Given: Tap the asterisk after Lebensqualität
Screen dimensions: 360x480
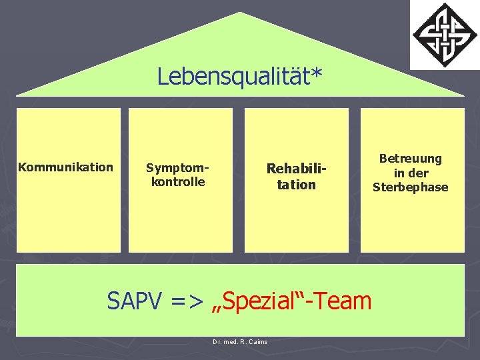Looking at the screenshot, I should tap(317, 72).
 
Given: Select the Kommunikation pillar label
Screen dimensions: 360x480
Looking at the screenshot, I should tap(65, 167).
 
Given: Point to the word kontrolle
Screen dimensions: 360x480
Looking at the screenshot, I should tap(178, 181).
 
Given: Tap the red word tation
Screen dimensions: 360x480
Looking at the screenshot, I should tap(297, 185).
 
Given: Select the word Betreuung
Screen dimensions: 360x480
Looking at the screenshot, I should tap(411, 159).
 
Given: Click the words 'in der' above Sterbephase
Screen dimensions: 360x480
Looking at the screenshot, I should tap(411, 173).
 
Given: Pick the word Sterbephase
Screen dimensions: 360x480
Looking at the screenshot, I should tap(411, 187).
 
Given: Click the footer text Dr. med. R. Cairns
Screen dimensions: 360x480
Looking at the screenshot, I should tap(240, 342).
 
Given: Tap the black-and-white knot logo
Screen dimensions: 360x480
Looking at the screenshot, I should tap(444, 34).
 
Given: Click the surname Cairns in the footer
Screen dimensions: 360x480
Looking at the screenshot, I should tap(257, 342).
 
